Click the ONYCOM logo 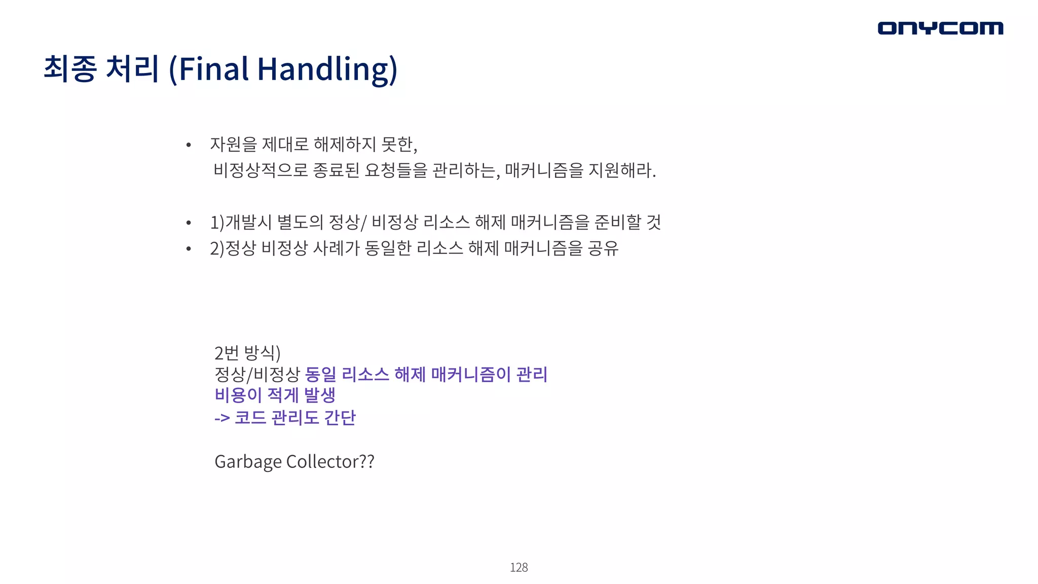pyautogui.click(x=940, y=28)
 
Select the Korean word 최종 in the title pyautogui.click(x=70, y=68)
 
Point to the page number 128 pyautogui.click(x=518, y=567)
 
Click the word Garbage pyautogui.click(x=248, y=462)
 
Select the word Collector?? pyautogui.click(x=330, y=462)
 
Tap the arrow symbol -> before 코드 pyautogui.click(x=222, y=418)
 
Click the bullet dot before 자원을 pyautogui.click(x=189, y=145)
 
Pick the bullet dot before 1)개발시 pyautogui.click(x=189, y=223)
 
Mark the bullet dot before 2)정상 pyautogui.click(x=189, y=249)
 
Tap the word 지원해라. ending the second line pyautogui.click(x=622, y=170)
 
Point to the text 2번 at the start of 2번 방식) pyautogui.click(x=226, y=352)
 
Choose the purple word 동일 pyautogui.click(x=321, y=375)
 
